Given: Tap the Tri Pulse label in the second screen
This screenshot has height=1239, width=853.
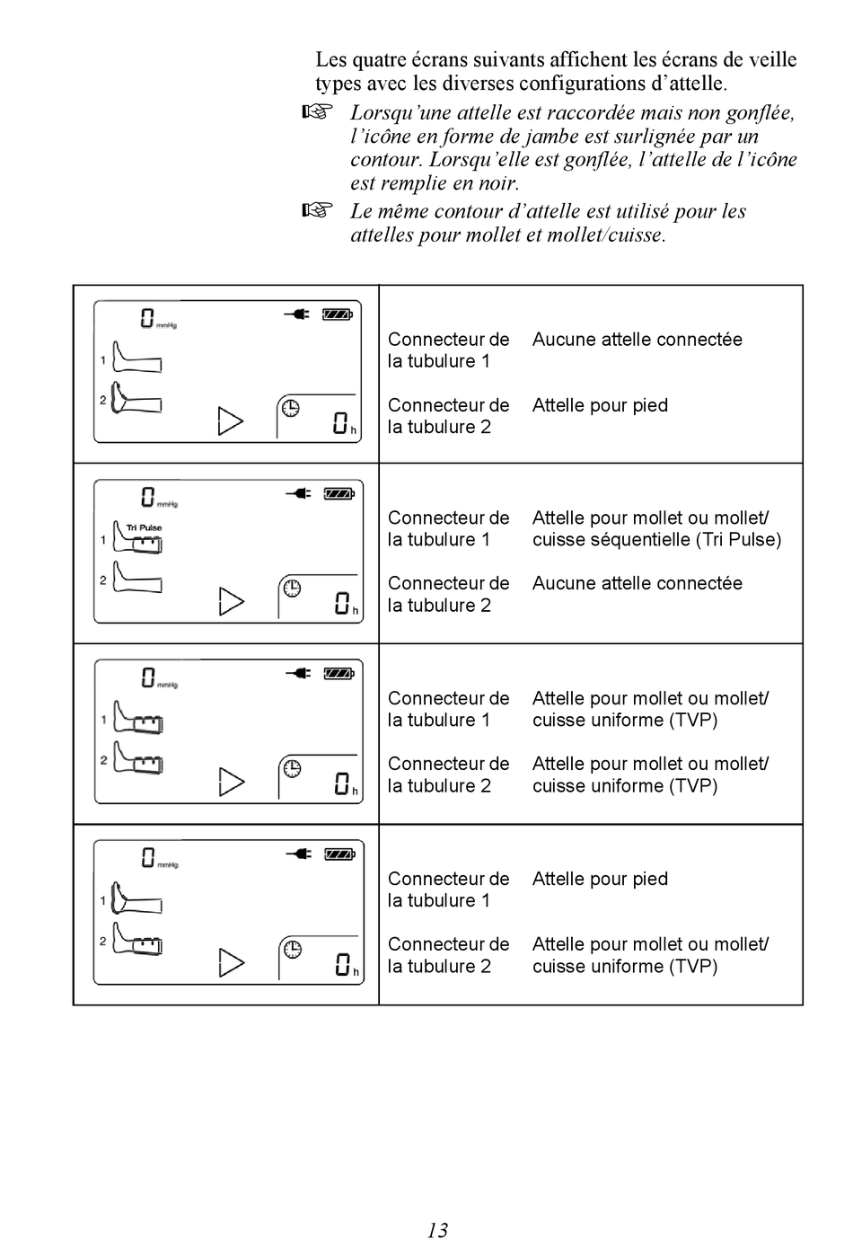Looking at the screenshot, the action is [x=144, y=527].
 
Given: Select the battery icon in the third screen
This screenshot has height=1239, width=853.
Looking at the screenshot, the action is [x=339, y=673].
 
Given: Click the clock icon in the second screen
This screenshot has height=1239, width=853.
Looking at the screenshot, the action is [x=292, y=589].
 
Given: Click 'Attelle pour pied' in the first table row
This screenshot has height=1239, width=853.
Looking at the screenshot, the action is [x=600, y=405].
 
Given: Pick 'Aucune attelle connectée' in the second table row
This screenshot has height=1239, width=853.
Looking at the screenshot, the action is [x=637, y=583].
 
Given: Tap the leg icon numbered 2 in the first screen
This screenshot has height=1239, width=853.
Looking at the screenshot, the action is [x=136, y=398].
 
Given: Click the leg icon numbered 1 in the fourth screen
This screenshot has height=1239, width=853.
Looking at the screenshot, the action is [x=136, y=897].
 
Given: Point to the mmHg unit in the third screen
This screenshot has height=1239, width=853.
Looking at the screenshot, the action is [x=168, y=686].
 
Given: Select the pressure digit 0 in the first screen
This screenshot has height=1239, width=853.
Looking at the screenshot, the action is [x=147, y=318].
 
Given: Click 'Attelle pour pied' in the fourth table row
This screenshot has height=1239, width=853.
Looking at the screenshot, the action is [x=600, y=879].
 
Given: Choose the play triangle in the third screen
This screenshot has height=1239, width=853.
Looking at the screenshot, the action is [x=232, y=782].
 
